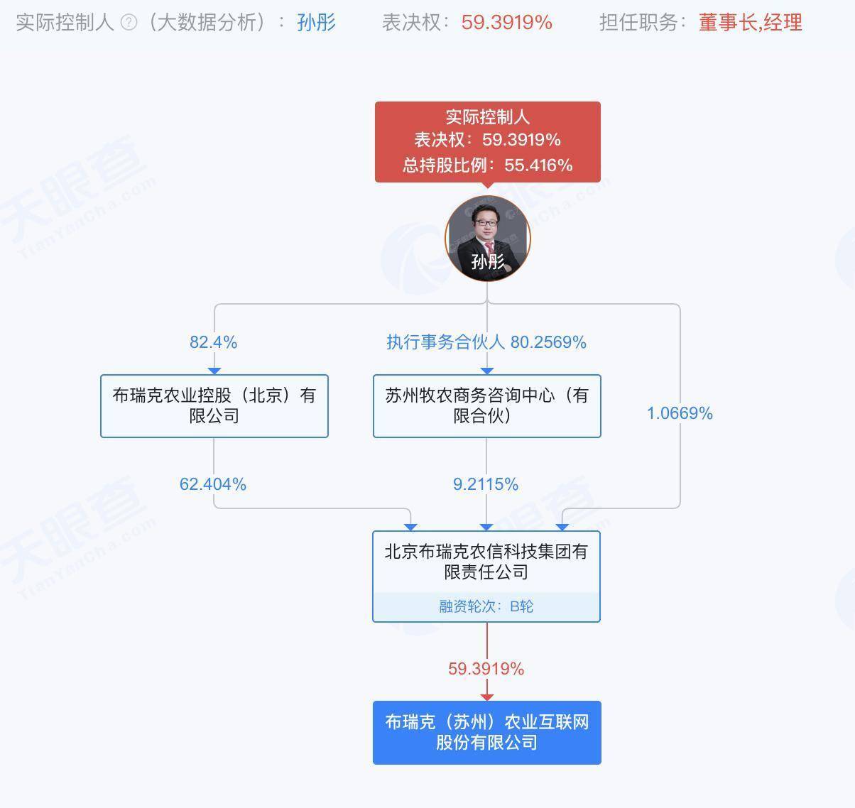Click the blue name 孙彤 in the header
click(x=316, y=22)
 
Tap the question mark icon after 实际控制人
click(x=129, y=22)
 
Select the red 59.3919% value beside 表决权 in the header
click(x=506, y=22)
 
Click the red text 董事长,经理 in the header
click(x=751, y=22)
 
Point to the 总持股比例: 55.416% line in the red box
click(x=488, y=165)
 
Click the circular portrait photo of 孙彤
click(x=488, y=239)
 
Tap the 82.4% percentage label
click(x=214, y=342)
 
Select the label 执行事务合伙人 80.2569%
click(x=486, y=342)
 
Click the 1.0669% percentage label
click(x=680, y=413)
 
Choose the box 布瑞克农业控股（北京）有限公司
click(x=214, y=405)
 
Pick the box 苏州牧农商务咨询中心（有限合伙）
click(x=487, y=405)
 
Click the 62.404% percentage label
click(x=213, y=484)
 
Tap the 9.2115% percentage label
click(x=486, y=484)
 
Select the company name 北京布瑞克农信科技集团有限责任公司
click(x=486, y=562)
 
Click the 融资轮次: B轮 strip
click(x=486, y=606)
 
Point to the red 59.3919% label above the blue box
click(x=486, y=668)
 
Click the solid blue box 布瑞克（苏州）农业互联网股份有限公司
click(x=487, y=733)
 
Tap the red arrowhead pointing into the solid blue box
click(x=487, y=697)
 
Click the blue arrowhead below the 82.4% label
click(x=214, y=371)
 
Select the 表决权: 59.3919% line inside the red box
click(x=488, y=140)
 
